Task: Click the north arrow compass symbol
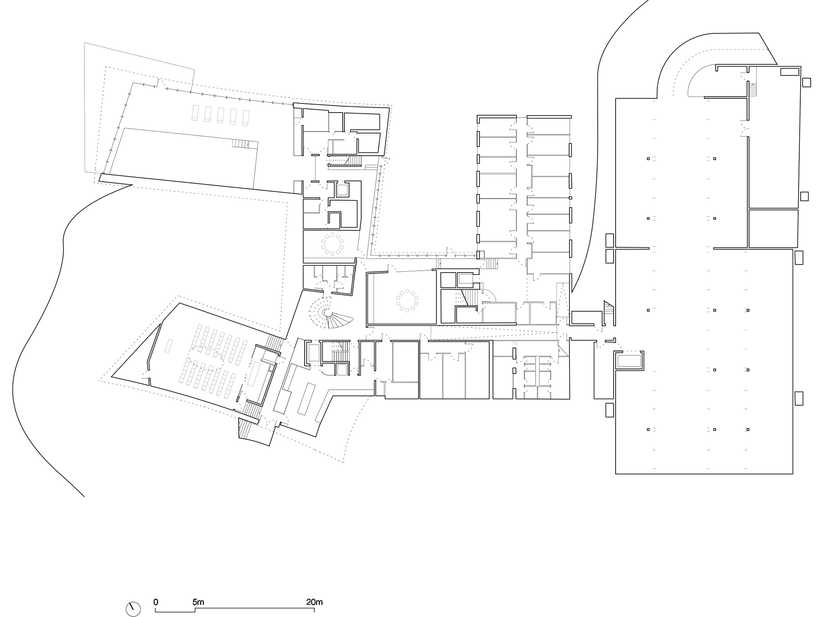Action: [133, 609]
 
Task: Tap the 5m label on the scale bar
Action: [198, 602]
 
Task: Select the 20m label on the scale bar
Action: [314, 602]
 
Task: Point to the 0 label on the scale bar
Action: [156, 602]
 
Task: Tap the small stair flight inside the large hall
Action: [241, 144]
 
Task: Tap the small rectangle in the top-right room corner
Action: [790, 72]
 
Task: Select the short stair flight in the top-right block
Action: [753, 89]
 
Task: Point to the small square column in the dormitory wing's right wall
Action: [570, 197]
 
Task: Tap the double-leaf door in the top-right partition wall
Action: [745, 127]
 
